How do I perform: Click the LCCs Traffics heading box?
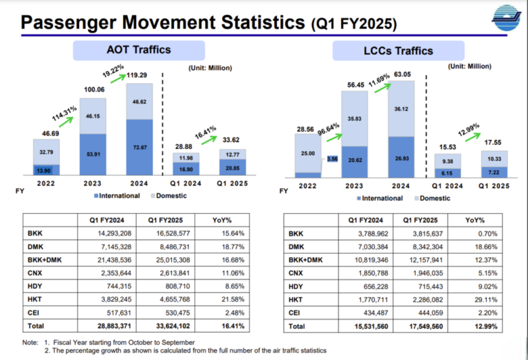point(401,51)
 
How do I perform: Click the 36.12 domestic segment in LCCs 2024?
point(401,109)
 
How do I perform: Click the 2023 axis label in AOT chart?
point(93,183)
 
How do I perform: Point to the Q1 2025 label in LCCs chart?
point(491,185)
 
